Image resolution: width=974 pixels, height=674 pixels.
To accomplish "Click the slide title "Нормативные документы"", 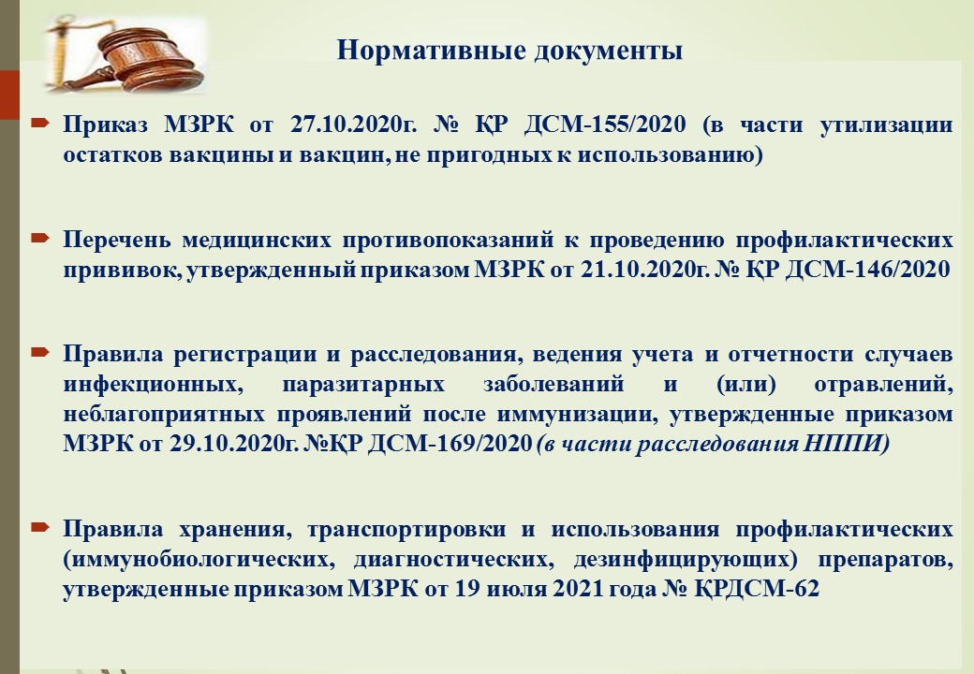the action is pos(509,51).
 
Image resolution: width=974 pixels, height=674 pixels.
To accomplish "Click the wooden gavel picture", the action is pos(125,54).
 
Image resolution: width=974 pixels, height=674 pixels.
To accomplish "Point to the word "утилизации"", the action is pos(886,125).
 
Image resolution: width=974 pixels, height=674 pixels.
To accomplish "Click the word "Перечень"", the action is pos(116,240).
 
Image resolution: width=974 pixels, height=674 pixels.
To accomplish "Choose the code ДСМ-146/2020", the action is pos(868,270).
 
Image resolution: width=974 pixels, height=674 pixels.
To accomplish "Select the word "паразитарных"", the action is pos(363,385).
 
